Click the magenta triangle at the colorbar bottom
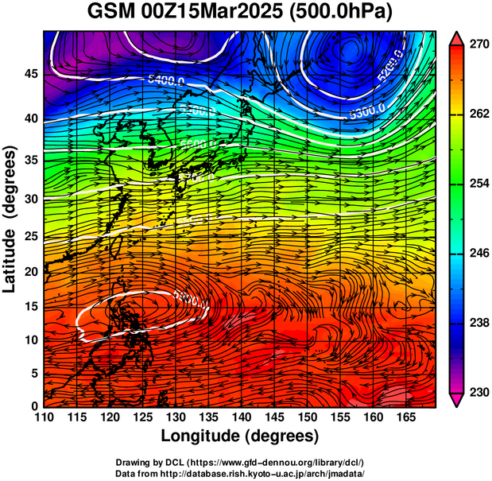click(457, 401)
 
